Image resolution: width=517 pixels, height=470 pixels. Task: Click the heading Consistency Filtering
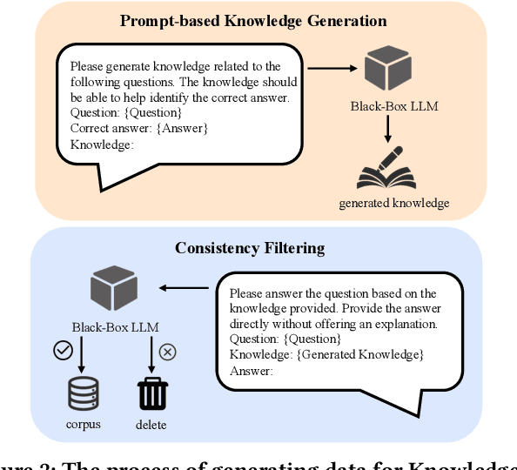click(250, 248)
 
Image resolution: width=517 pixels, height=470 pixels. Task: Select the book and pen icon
click(382, 169)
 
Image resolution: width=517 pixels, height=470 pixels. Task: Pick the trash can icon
click(151, 393)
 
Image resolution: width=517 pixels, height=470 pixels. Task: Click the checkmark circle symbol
click(62, 350)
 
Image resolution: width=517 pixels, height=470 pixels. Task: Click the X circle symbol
click(168, 352)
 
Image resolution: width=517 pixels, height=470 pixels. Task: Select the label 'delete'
click(151, 425)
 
